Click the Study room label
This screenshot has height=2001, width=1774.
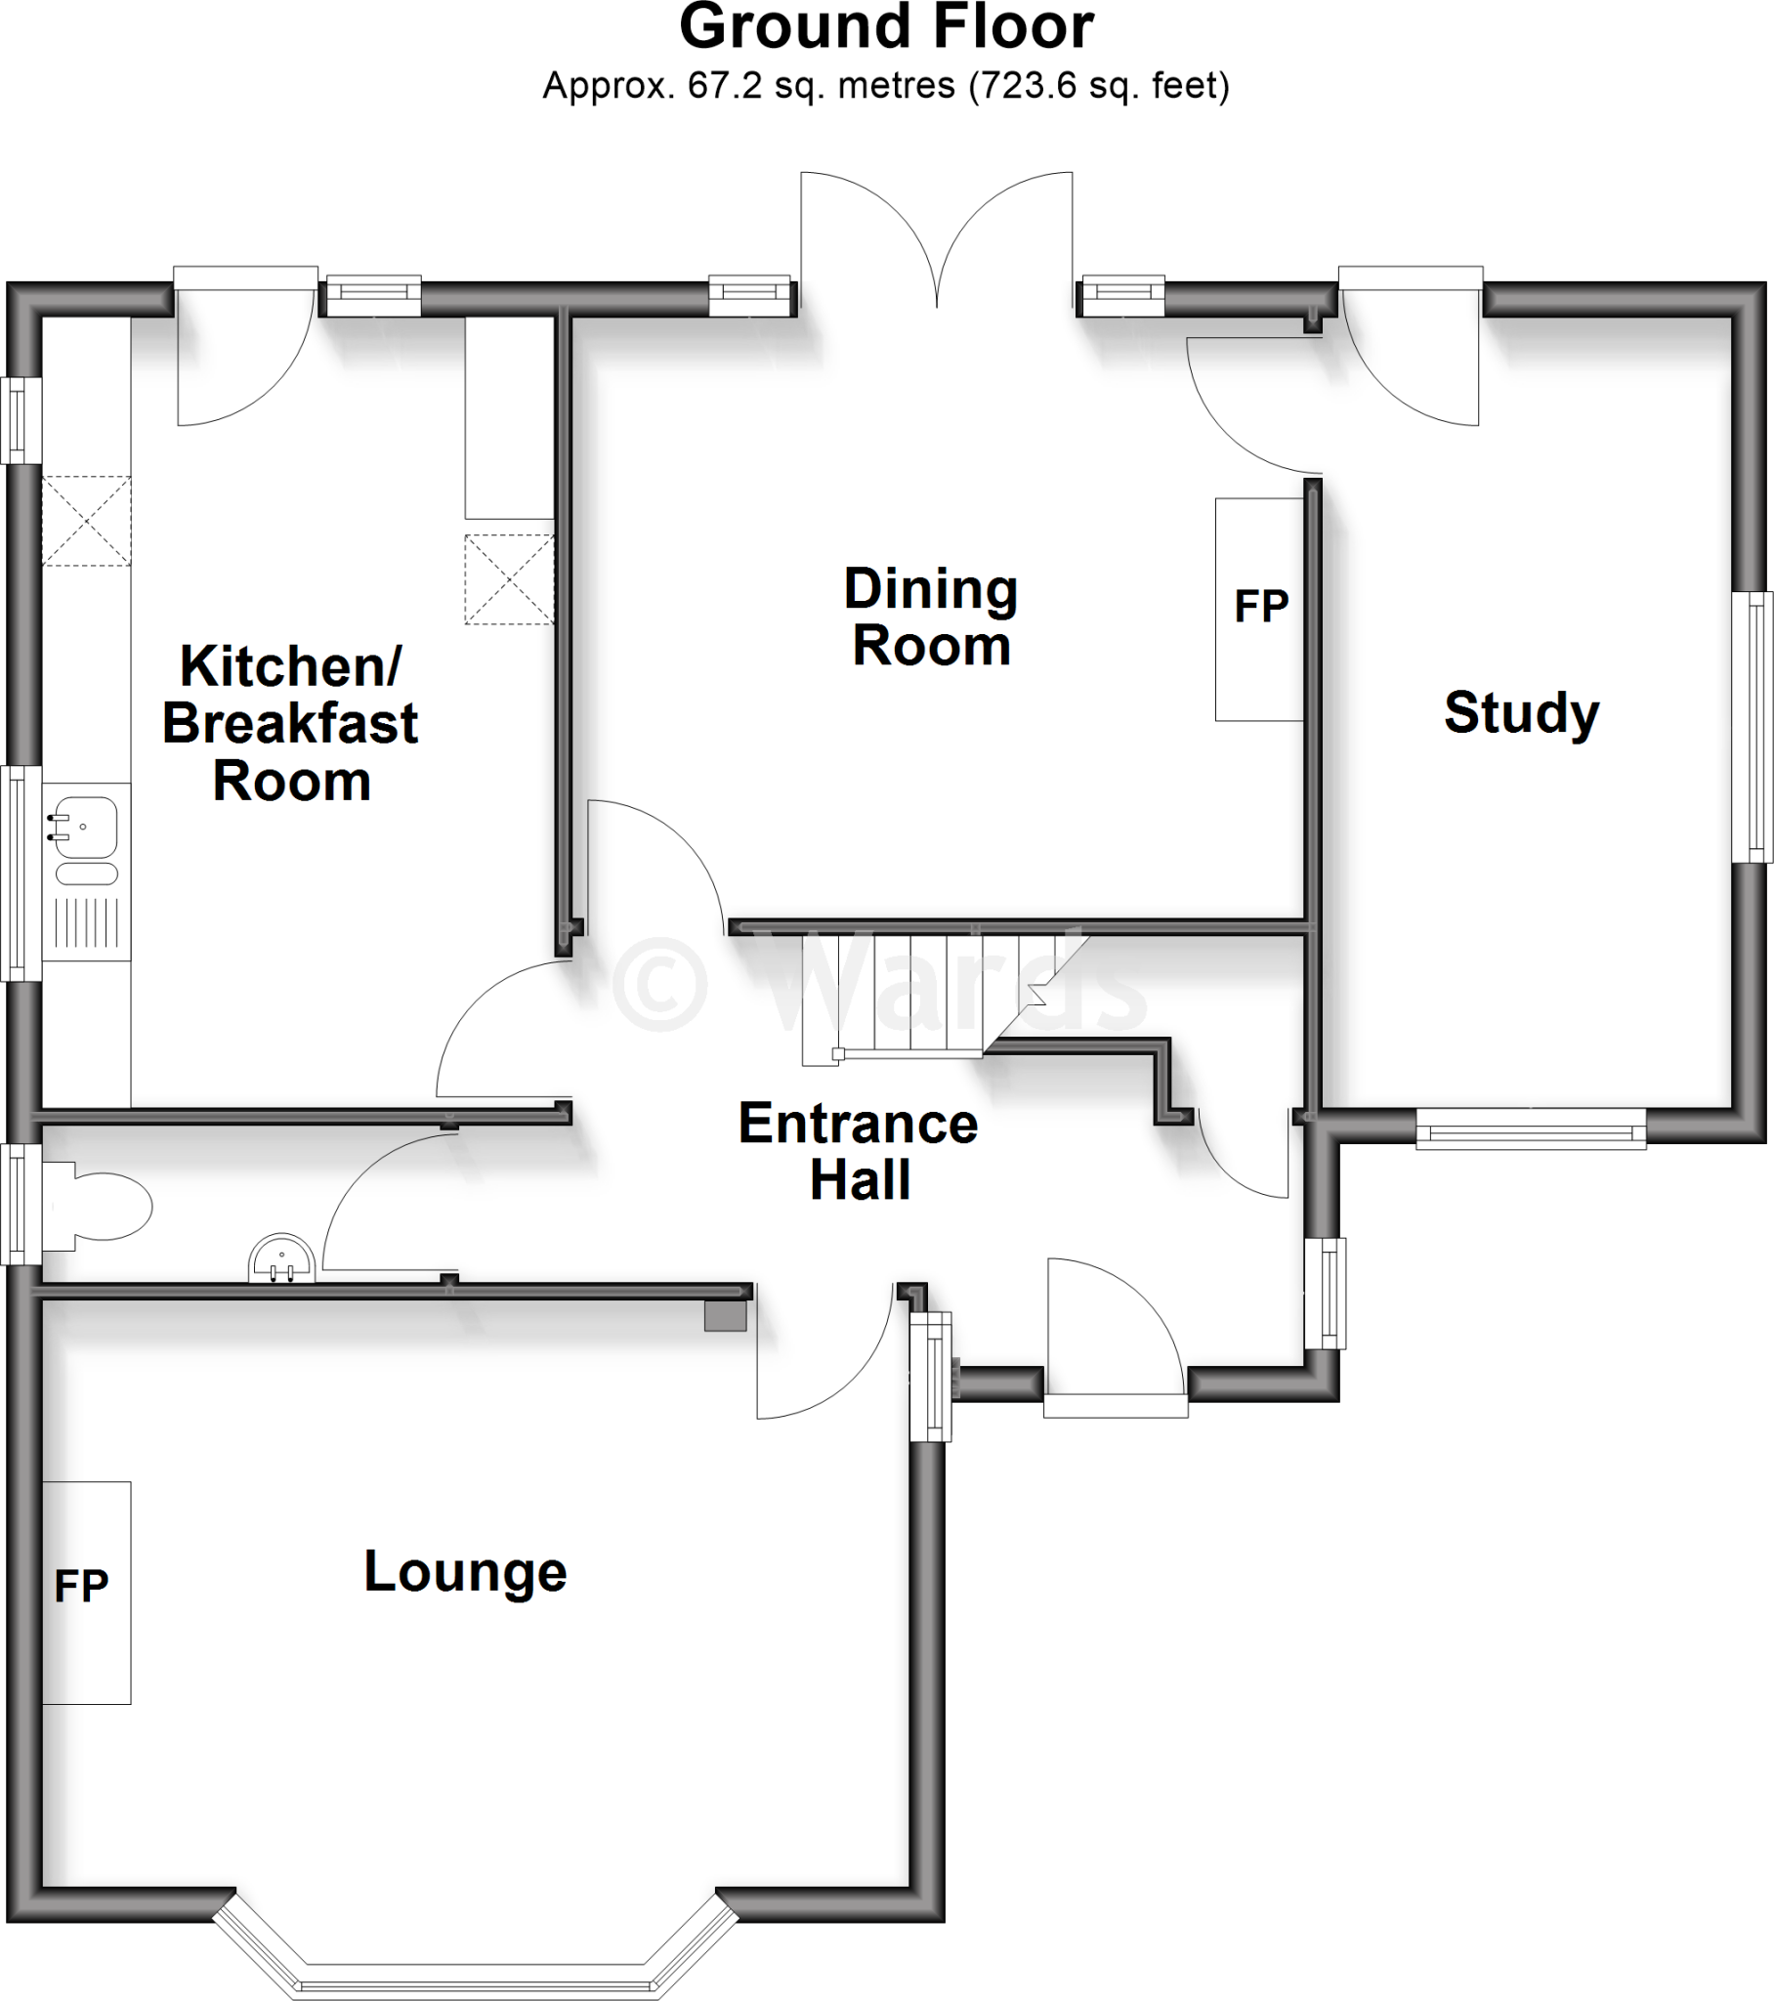coord(1520,712)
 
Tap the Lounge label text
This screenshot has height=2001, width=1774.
coord(465,1571)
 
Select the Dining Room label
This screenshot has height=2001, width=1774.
coord(931,617)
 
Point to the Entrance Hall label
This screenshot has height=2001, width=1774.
coord(858,1151)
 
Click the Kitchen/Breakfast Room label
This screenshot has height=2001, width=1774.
coord(290,723)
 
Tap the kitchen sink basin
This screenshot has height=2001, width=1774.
coord(86,827)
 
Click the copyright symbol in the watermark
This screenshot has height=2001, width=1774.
coord(659,983)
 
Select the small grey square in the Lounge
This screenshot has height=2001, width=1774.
coord(726,1316)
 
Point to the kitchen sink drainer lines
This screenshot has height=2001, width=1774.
coord(86,922)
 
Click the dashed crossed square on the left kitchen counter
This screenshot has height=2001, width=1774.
coord(86,521)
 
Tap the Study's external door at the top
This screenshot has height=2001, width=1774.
coord(1410,362)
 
